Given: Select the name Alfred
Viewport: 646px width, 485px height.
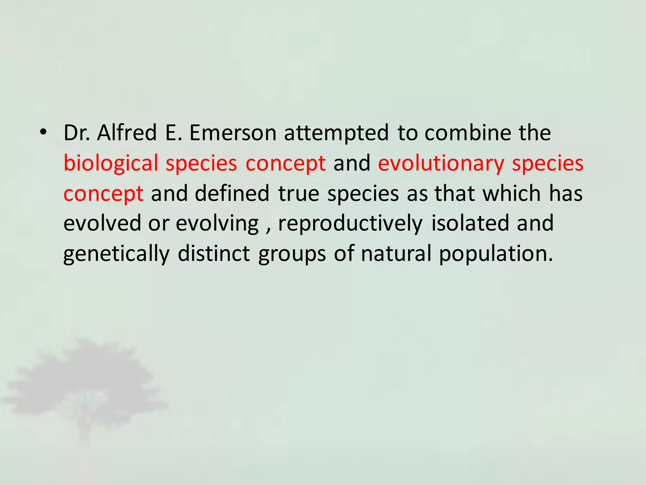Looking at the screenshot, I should point(127,133).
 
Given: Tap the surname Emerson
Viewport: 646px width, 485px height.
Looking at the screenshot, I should point(233,133).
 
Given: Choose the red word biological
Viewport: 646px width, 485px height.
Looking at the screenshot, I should point(111,164).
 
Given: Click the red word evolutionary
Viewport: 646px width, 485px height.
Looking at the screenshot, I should point(441,164).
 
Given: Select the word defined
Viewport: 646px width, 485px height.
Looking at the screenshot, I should point(232,193).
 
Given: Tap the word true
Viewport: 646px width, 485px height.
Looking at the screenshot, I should point(299,193).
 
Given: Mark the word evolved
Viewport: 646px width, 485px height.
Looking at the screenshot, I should point(102,223).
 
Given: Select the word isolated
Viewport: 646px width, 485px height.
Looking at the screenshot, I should point(470,223).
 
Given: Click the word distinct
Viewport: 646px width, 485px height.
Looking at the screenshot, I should point(214,253).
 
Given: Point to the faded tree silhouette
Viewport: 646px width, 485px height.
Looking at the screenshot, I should point(85,385).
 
